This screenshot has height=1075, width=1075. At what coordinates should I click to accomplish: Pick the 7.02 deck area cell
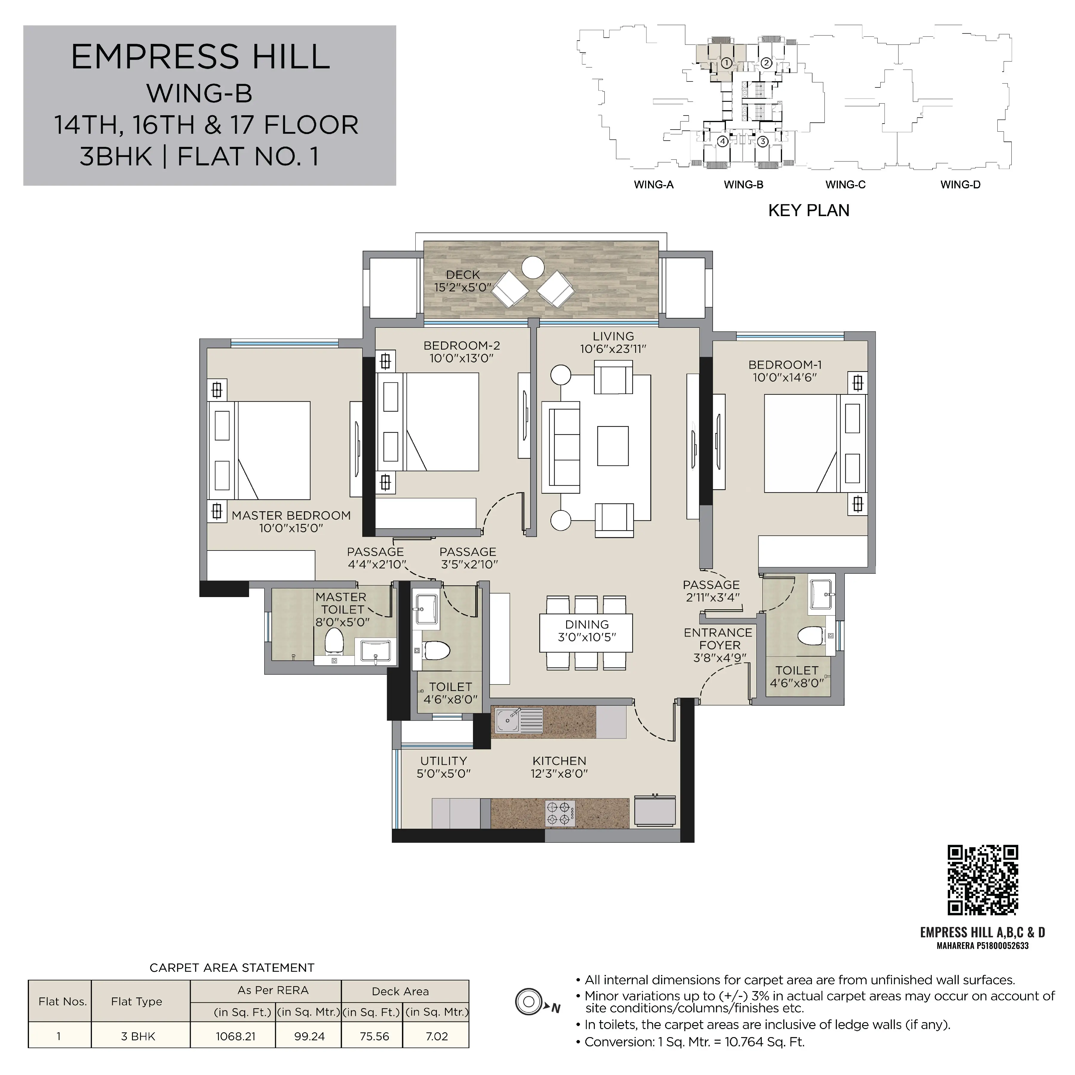point(437,1036)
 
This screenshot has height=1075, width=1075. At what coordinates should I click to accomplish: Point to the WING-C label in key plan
point(845,185)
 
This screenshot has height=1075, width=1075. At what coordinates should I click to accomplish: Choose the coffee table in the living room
point(613,446)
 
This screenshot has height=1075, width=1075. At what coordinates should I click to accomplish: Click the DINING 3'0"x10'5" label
point(587,631)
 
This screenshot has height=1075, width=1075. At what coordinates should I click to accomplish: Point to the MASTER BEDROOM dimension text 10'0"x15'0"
point(291,528)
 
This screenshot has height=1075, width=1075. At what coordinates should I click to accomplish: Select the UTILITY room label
point(444,761)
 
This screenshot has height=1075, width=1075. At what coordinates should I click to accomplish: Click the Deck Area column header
point(400,991)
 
